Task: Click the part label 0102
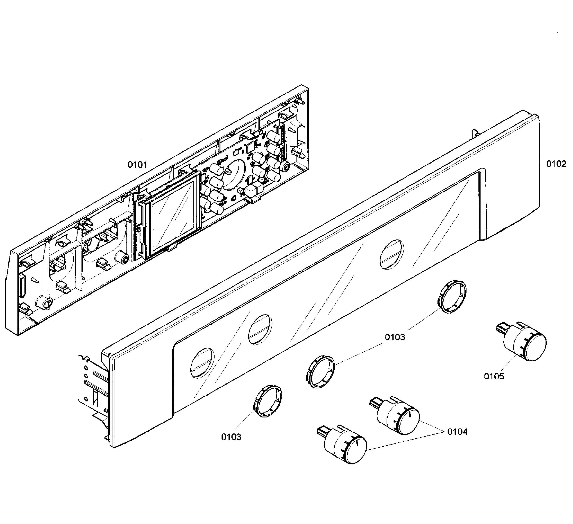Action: pos(556,164)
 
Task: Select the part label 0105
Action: pos(494,376)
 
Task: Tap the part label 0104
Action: pos(457,432)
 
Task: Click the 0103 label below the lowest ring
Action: pos(231,437)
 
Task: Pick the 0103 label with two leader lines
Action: pos(394,337)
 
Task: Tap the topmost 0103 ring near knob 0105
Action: pos(451,296)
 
